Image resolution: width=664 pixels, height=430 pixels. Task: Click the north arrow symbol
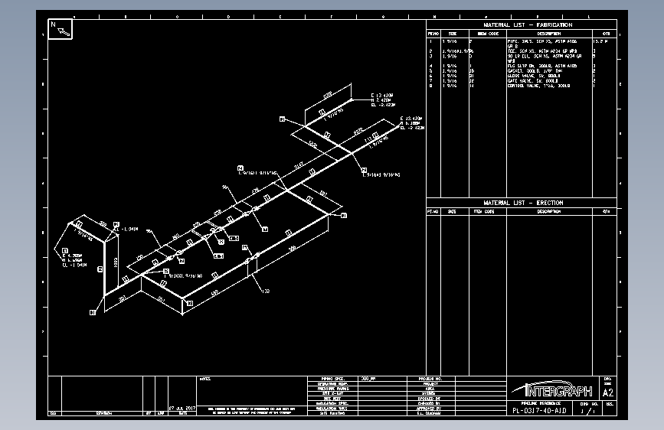[x=61, y=29]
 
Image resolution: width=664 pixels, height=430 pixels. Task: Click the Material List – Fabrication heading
[x=528, y=25]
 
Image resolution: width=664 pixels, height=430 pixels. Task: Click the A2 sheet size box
[x=609, y=393]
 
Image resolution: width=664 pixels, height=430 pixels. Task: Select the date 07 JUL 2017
[x=182, y=409]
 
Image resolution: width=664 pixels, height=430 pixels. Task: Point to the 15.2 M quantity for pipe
[x=604, y=41]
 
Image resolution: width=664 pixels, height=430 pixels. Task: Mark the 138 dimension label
[x=266, y=292]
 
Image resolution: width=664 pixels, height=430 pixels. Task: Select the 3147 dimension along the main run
[x=299, y=165]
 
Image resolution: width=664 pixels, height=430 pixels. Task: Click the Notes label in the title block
[x=204, y=379]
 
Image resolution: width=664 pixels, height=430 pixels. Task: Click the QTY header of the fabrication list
[x=606, y=34]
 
